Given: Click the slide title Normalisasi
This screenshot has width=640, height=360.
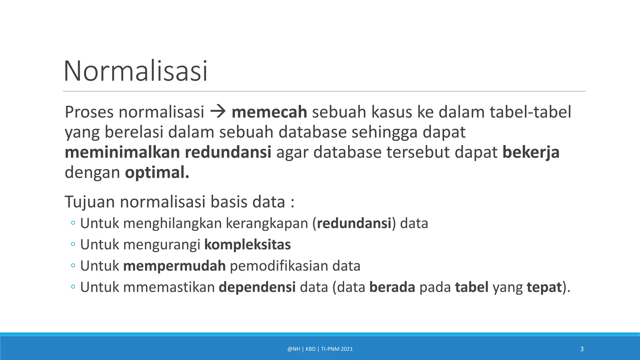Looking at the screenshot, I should coord(136,71).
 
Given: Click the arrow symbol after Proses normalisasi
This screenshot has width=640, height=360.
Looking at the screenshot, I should coord(218,112).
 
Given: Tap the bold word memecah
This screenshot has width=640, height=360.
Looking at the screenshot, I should coord(269,112).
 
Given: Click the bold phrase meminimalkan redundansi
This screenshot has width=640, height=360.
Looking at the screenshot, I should coord(168,152).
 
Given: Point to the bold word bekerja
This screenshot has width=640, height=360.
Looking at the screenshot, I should coord(531,152).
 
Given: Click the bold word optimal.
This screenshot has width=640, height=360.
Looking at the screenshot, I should coord(157,172).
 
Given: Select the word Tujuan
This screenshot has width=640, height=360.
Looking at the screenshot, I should coord(90,202).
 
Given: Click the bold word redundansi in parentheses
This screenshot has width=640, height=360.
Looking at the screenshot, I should coord(354,223).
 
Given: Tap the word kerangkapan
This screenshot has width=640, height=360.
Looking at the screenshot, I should coord(267,223).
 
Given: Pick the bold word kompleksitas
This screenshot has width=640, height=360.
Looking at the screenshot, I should coord(247,244).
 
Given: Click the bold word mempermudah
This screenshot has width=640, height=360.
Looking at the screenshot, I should coord(174,266).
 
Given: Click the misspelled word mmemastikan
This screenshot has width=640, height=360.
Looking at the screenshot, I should coord(169,287).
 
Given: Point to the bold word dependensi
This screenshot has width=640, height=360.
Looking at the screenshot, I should coord(257,287).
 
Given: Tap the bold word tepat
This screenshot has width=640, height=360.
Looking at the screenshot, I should coord(544,287).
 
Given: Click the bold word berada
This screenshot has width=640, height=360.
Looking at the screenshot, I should coord(392,287).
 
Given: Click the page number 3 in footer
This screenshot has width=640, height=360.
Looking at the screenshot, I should coord(582,349).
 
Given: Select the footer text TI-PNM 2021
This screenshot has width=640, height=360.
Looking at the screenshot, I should coord(337,349).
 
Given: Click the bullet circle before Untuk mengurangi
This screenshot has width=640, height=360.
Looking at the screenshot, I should coord(73,244).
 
